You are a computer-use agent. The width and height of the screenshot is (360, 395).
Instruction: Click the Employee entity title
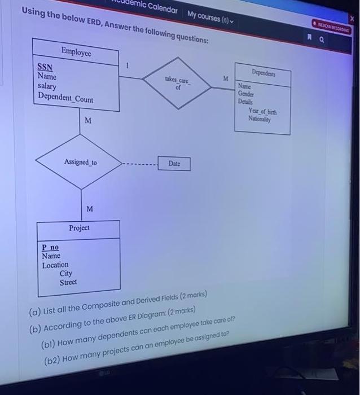76,51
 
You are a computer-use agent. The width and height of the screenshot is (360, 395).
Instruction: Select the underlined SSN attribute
45,67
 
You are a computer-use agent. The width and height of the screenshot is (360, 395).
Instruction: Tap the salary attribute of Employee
47,86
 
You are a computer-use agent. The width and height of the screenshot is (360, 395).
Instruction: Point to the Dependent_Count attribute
65,99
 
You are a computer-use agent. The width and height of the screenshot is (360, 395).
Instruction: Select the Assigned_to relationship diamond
80,163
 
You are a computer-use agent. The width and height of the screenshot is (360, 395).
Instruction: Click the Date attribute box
174,164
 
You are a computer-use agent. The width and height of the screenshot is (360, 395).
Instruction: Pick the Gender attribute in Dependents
245,94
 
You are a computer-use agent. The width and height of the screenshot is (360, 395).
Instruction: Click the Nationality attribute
260,120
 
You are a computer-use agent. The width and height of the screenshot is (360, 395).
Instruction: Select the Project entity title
79,228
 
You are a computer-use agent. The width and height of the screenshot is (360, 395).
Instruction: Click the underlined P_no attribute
50,247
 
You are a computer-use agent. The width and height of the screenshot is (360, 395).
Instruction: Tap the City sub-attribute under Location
66,273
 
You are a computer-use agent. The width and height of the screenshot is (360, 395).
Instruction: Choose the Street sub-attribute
68,282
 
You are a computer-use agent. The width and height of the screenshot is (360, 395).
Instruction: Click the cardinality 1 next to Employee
128,66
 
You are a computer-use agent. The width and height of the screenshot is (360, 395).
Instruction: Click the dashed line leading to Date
140,165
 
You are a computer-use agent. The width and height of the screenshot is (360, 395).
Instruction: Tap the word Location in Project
55,265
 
